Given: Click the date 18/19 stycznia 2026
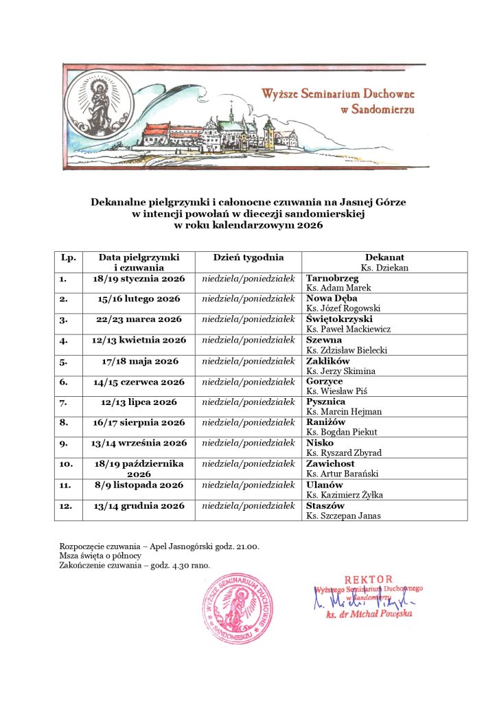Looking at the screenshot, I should pos(139,279).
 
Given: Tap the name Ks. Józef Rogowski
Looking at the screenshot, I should pos(343,308).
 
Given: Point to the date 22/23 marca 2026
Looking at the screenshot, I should pos(139,319).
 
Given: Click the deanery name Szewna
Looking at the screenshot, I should pos(323,340).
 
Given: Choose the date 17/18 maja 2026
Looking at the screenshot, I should pos(139,360).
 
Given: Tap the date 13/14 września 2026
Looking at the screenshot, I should pos(139,443).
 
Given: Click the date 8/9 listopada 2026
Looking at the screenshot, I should pos(139,484).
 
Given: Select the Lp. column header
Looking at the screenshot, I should pos(68,257).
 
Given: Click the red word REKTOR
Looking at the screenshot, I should pos(369,579).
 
